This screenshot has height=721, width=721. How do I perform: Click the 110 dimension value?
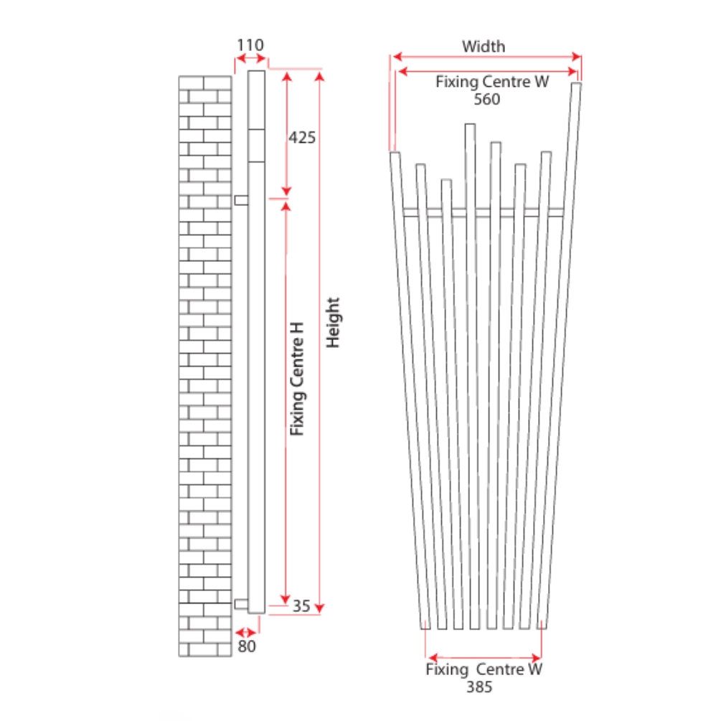coord(250,45)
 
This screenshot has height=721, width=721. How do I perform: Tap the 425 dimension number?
coord(302,138)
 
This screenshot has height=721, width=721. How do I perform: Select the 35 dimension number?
coord(301,606)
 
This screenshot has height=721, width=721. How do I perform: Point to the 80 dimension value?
coord(247,646)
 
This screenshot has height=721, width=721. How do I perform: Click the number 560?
coord(487,99)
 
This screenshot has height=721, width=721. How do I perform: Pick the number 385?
coord(480,687)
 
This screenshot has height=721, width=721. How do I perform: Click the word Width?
coord(484,47)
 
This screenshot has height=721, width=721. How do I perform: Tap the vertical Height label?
coord(333,322)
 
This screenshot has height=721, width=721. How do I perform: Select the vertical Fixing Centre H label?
coord(297,378)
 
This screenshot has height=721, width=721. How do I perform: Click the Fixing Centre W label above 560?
coord(492,82)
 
